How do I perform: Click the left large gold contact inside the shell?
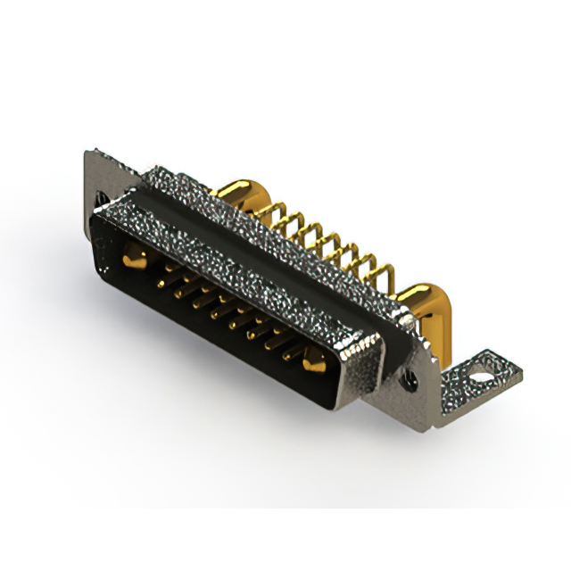click(x=132, y=261)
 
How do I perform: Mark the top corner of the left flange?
click(x=87, y=152)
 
